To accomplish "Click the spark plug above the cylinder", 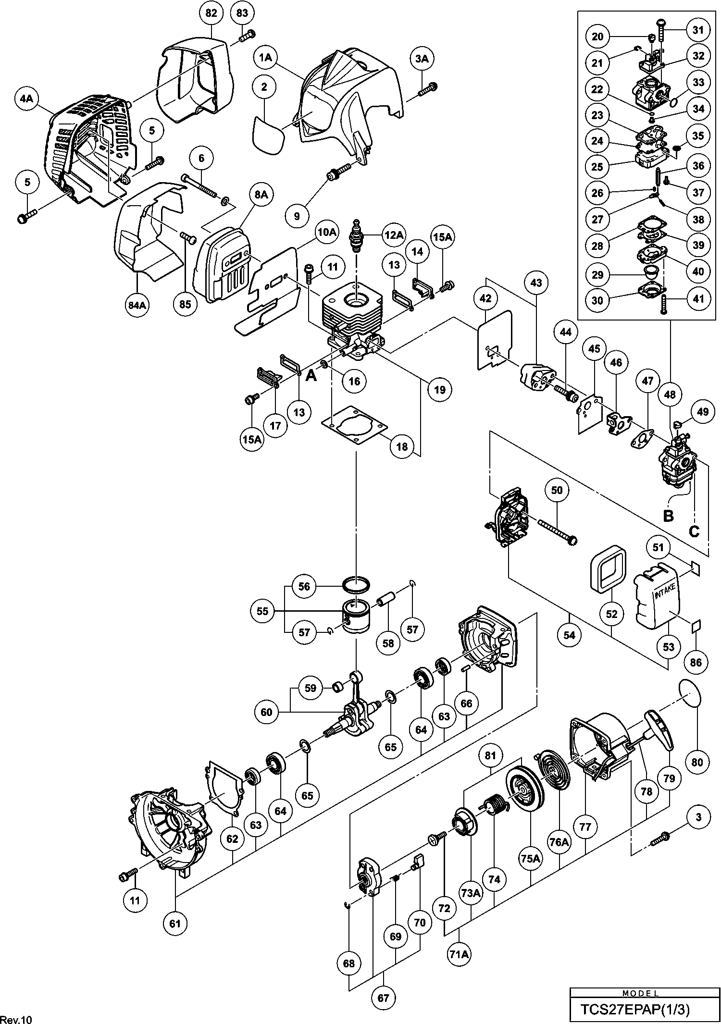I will pyautogui.click(x=357, y=237).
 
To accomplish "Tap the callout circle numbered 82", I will pyautogui.click(x=211, y=13).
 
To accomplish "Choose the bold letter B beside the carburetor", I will pyautogui.click(x=668, y=516).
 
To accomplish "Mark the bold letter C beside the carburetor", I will pyautogui.click(x=694, y=531).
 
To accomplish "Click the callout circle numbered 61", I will pyautogui.click(x=175, y=923).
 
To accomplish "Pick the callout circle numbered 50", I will pyautogui.click(x=557, y=491).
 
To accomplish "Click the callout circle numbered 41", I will pyautogui.click(x=698, y=299).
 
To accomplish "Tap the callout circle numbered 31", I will pyautogui.click(x=698, y=30).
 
